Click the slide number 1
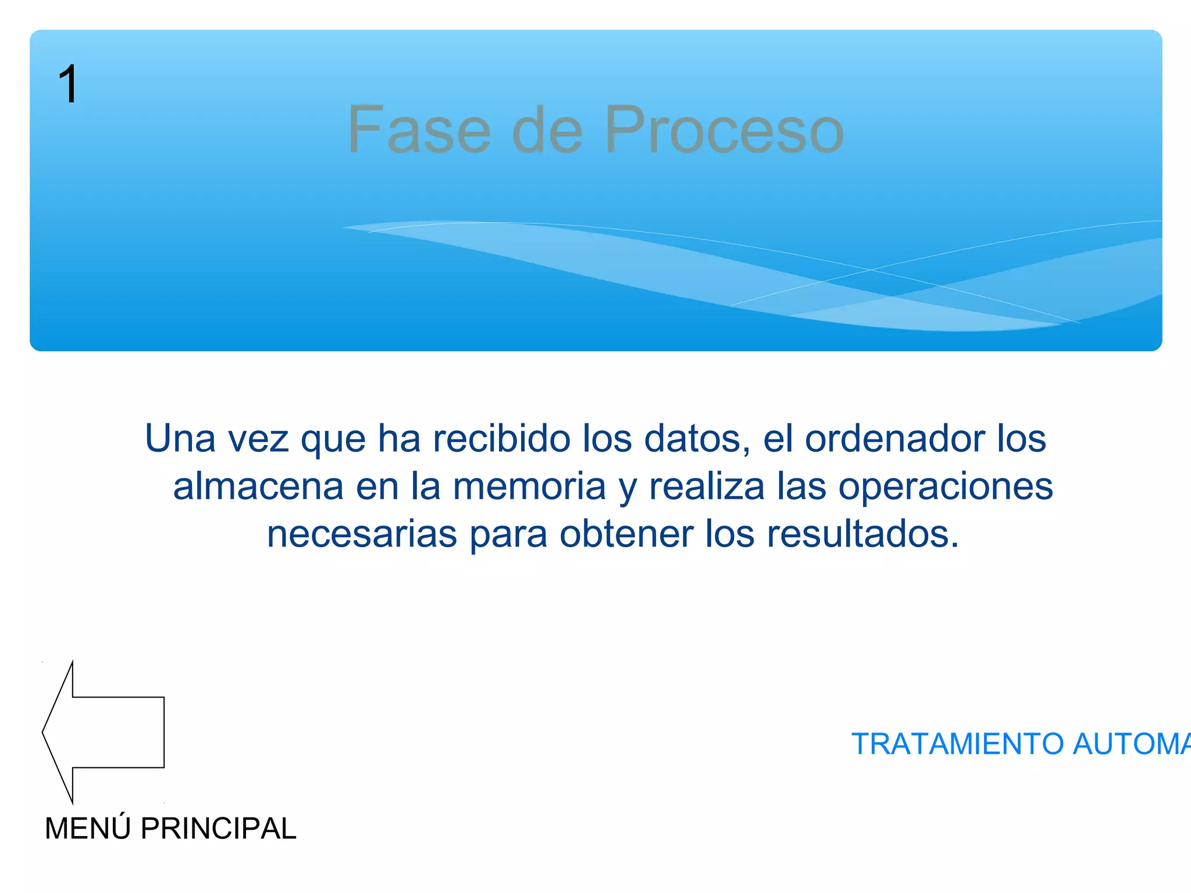pos(68,84)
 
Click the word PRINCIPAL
pos(219,828)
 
